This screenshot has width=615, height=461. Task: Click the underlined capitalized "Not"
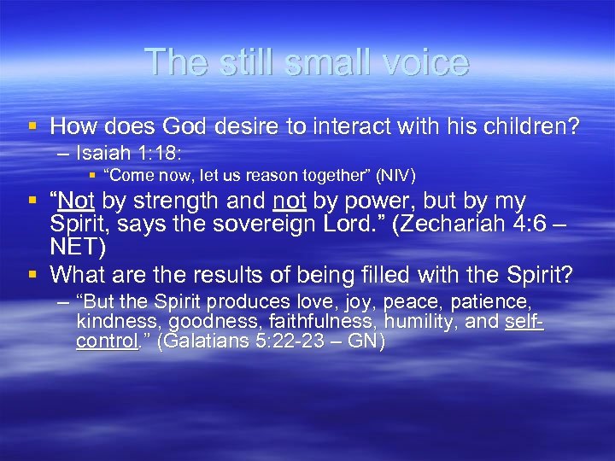77,201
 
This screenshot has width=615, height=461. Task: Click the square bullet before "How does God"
32,127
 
